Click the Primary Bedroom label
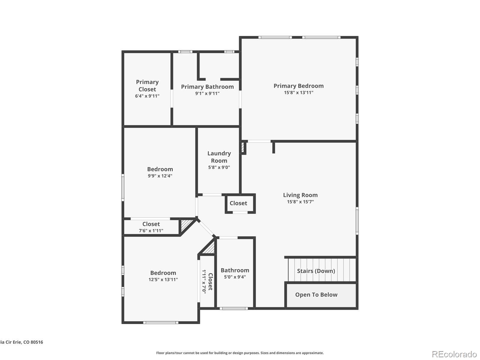click(x=298, y=86)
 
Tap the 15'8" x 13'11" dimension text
click(x=298, y=93)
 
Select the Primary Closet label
click(x=147, y=85)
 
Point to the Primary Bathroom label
click(x=207, y=87)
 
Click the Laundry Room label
click(x=219, y=157)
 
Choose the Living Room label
click(x=300, y=195)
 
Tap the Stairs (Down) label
click(x=316, y=271)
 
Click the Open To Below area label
click(x=316, y=295)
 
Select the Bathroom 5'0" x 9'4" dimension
click(x=235, y=277)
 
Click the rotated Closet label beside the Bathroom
click(x=210, y=281)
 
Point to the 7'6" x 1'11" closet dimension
click(x=151, y=231)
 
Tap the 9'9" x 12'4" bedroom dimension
click(x=160, y=176)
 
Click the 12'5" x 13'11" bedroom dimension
click(x=163, y=280)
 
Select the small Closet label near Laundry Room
click(x=238, y=203)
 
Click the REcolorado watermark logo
click(x=454, y=354)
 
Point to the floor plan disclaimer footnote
click(x=240, y=353)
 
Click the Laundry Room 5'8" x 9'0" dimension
click(x=219, y=167)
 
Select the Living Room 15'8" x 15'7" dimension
click(x=300, y=202)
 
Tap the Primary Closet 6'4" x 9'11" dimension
click(x=147, y=96)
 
